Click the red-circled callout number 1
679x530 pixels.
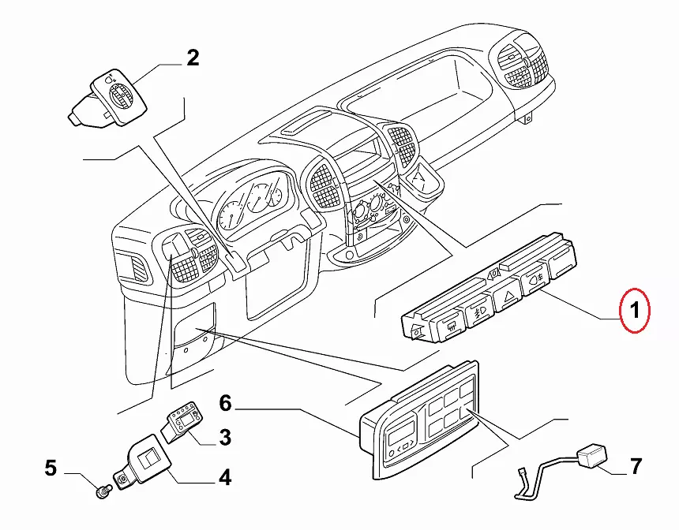tap(635, 312)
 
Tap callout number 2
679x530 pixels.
tap(193, 57)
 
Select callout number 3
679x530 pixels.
tap(225, 436)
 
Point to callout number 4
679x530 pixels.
tap(225, 477)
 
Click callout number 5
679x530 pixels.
tap(51, 468)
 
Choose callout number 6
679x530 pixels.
tap(225, 405)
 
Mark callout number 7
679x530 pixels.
tap(636, 466)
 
